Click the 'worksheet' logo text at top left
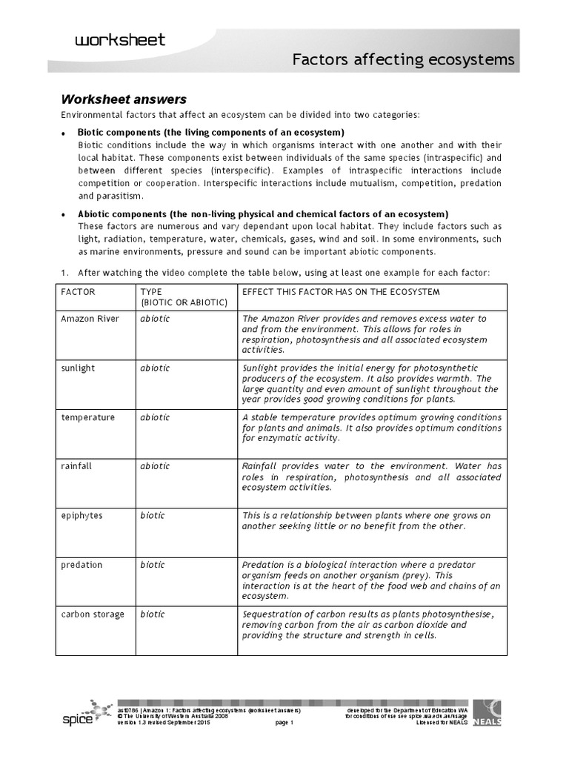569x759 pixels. pyautogui.click(x=120, y=39)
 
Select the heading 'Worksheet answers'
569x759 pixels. pyautogui.click(x=123, y=99)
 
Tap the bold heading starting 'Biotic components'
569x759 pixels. pyautogui.click(x=210, y=132)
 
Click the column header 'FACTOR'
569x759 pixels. pyautogui.click(x=79, y=292)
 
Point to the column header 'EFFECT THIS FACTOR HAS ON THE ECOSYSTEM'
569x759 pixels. pyautogui.click(x=342, y=292)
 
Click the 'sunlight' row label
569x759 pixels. pyautogui.click(x=79, y=368)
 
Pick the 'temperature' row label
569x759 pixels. pyautogui.click(x=88, y=417)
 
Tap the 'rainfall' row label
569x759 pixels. pyautogui.click(x=77, y=466)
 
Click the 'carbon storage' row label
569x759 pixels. pyautogui.click(x=93, y=614)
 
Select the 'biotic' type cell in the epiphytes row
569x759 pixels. pyautogui.click(x=153, y=515)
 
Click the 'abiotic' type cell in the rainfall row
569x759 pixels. pyautogui.click(x=155, y=466)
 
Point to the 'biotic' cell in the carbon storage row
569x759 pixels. pyautogui.click(x=153, y=614)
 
